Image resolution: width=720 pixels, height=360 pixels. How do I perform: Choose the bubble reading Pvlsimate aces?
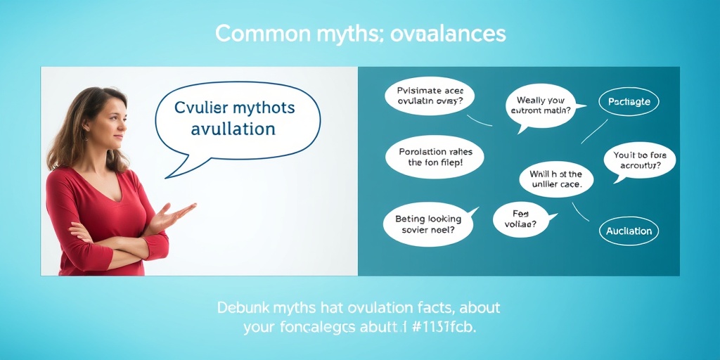click(x=429, y=96)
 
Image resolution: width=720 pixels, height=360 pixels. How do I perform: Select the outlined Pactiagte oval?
click(x=629, y=102)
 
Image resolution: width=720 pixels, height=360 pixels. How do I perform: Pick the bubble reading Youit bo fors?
click(x=639, y=160)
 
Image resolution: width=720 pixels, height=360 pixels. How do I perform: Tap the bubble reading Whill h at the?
click(x=555, y=179)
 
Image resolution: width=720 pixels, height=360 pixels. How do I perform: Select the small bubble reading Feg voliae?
click(x=520, y=219)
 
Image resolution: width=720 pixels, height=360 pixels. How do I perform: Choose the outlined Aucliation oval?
click(x=629, y=231)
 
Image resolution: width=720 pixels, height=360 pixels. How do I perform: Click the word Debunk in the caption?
click(x=243, y=308)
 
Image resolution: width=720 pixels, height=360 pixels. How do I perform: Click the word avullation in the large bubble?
click(x=234, y=129)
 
